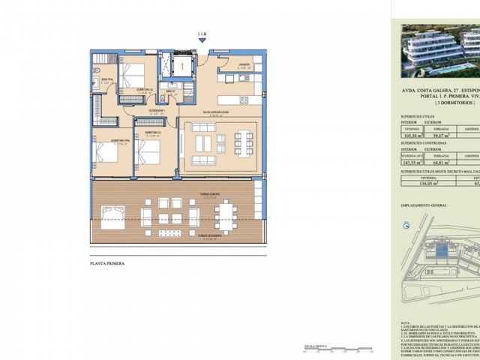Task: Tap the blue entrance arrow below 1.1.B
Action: tap(201, 44)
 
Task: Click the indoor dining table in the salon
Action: tap(238, 142)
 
